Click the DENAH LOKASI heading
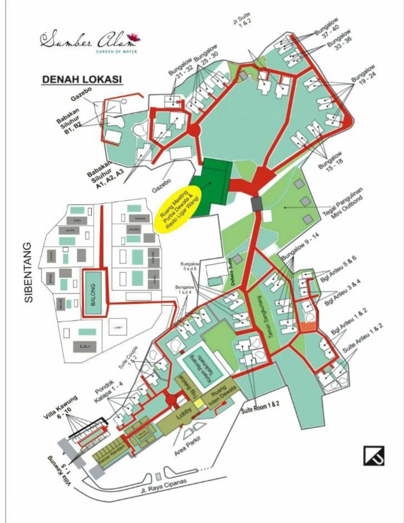point(82,79)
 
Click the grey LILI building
point(85,346)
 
